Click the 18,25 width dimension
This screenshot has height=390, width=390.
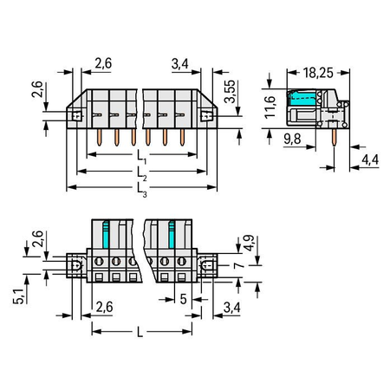[318, 73]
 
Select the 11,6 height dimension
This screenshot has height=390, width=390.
[270, 107]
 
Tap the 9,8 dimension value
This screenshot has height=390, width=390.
[292, 139]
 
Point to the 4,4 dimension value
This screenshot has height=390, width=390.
[370, 159]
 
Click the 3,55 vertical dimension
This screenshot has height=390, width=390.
[231, 91]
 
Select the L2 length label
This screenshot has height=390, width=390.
[141, 174]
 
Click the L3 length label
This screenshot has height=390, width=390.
[141, 191]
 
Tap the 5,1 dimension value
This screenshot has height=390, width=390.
[18, 296]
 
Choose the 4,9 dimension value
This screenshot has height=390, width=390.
[249, 243]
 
